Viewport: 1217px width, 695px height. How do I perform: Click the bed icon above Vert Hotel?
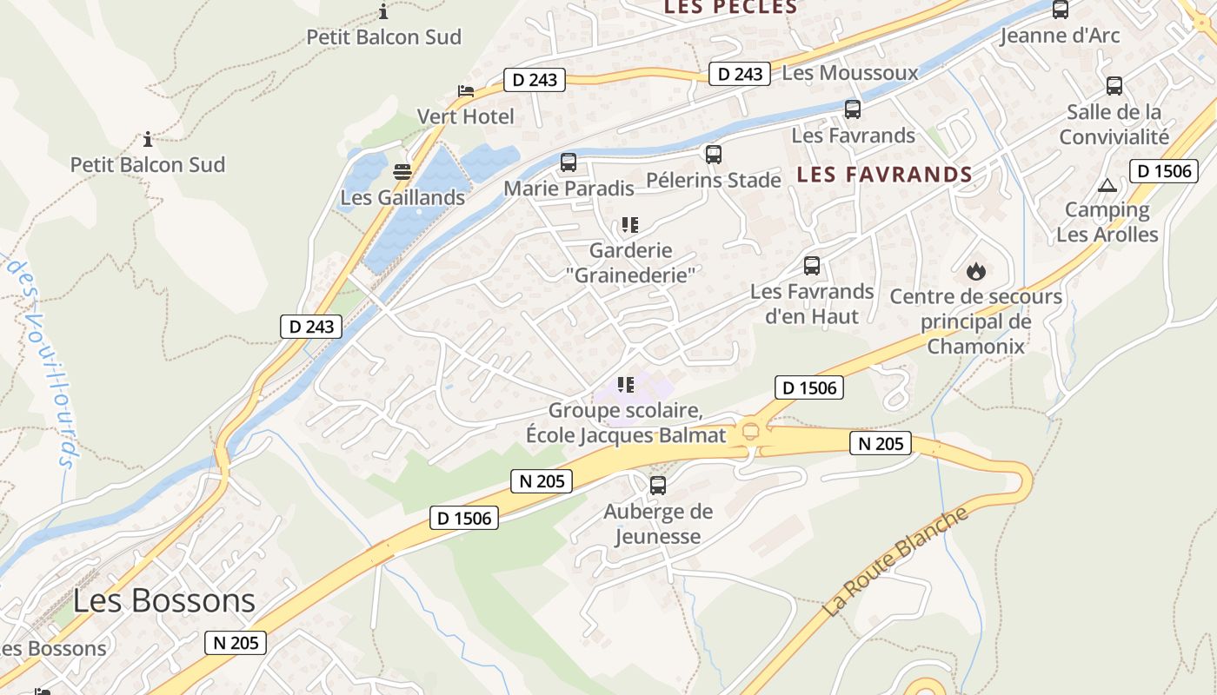point(466,91)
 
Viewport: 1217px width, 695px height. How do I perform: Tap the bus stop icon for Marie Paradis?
point(568,162)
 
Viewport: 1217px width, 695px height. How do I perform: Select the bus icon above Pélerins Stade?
point(714,155)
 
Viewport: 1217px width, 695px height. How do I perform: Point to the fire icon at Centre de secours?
point(976,271)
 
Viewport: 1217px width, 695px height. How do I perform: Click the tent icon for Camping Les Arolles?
point(1107,185)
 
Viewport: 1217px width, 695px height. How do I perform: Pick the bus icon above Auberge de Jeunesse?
point(658,486)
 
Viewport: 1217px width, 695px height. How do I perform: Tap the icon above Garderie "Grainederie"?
point(630,225)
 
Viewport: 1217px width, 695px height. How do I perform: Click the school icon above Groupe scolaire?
point(626,384)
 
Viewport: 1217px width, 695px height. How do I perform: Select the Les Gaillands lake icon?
point(402,172)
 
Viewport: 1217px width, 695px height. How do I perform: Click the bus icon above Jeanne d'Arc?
point(1061,10)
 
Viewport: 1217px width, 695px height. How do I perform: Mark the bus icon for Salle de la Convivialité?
point(1114,86)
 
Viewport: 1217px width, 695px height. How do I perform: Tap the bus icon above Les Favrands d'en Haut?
point(812,266)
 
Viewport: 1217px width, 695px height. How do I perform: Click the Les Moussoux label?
point(849,73)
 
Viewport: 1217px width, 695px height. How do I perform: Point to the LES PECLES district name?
point(730,8)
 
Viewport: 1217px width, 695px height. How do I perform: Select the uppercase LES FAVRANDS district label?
point(884,175)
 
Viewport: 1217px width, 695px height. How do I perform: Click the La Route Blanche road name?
point(896,561)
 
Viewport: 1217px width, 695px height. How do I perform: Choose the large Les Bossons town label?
point(163,600)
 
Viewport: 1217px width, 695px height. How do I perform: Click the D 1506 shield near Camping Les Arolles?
point(1160,170)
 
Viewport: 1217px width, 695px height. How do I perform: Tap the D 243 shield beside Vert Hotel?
point(534,80)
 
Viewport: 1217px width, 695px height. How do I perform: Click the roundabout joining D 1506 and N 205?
point(750,432)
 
